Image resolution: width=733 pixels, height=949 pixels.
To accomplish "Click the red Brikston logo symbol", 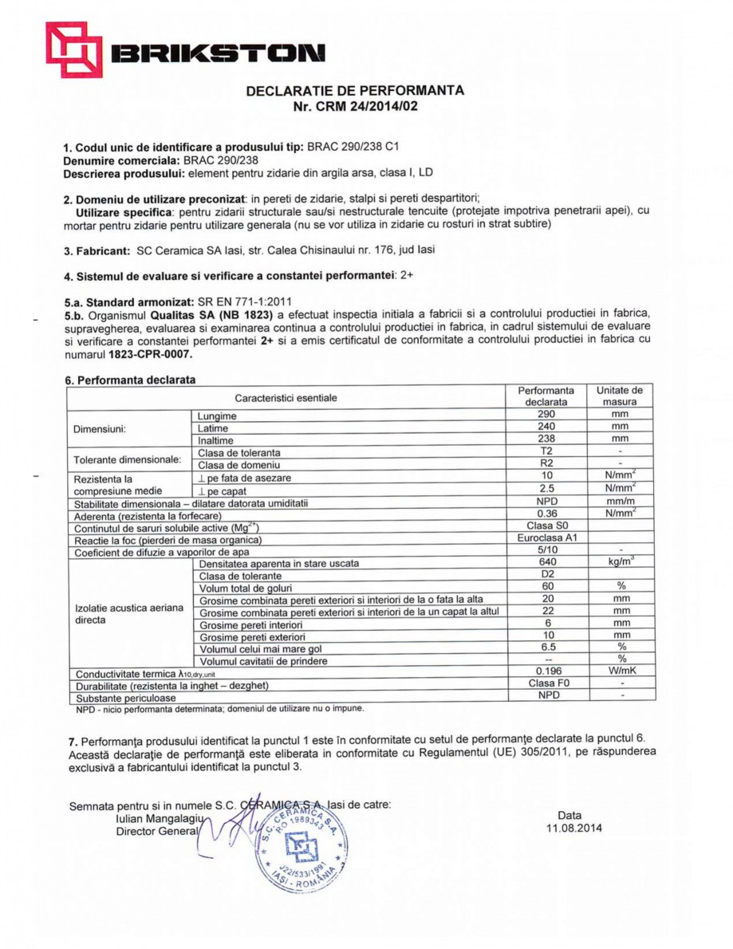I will pos(73,49).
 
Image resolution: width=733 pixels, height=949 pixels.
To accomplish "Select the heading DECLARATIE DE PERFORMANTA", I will pos(355,90).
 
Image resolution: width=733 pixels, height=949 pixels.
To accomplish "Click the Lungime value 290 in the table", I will pos(546,415).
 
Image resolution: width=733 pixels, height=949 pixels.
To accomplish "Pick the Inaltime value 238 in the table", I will pos(546,439).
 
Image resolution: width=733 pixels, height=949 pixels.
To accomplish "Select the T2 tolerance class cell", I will pos(546,452).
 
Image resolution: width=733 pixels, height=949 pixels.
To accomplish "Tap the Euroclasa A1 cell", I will pos(546,538).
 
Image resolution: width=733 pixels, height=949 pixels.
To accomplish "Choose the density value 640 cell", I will pos(546,562).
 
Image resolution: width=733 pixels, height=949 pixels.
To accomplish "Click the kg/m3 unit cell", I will pos(620,562).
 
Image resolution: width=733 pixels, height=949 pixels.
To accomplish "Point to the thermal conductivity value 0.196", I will pos(546,671).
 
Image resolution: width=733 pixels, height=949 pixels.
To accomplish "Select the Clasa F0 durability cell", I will pos(546,683).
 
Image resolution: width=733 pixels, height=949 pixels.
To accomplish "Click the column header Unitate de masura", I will pos(620,396).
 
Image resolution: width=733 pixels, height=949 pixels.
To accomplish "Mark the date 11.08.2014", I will pos(569,828).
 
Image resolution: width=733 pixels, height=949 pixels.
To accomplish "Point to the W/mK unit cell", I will pos(620,671).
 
